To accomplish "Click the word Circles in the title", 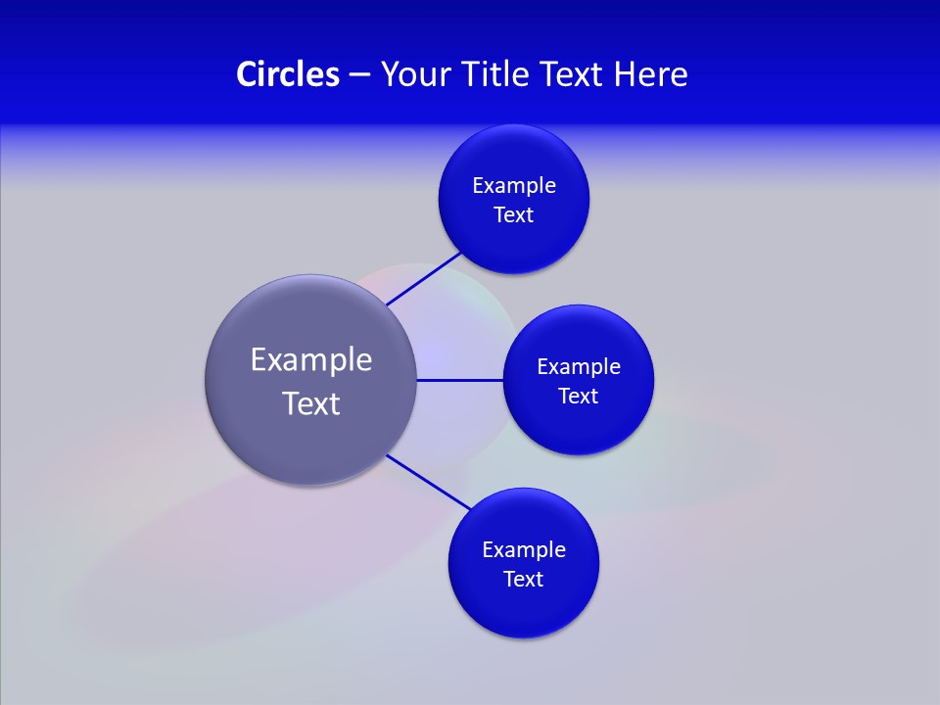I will pos(287,74).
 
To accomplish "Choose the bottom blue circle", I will pos(524,607).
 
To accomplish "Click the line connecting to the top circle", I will pos(423,279).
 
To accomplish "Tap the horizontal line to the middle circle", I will pos(459,380).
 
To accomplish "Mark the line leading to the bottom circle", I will pos(429,482).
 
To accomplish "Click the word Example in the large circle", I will pos(311,360).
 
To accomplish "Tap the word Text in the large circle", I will pos(311,403).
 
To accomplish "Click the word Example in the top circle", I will pos(514,186).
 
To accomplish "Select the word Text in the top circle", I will pos(514,215).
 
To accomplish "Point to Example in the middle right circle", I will pos(579,367).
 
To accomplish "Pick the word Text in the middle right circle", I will pos(579,397).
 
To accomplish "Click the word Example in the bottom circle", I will pos(524,550).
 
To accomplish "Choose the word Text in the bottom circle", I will pos(524,580).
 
